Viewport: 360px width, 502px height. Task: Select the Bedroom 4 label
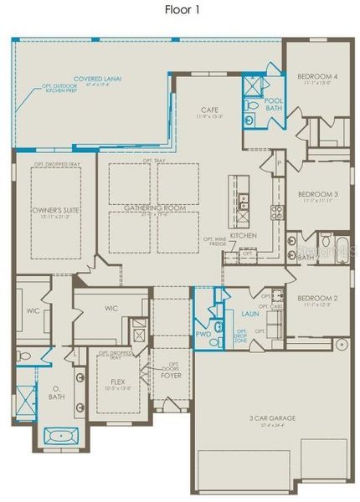pos(318,77)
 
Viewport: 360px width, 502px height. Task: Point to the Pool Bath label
pos(274,104)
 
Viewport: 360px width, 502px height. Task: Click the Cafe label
pos(210,110)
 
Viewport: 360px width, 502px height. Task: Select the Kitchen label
pos(243,236)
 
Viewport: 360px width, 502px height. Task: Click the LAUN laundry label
pos(249,314)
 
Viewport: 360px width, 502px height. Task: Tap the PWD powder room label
pos(203,333)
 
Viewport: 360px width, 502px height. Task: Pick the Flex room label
pos(117,381)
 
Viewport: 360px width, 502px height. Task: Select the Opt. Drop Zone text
pos(240,336)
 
